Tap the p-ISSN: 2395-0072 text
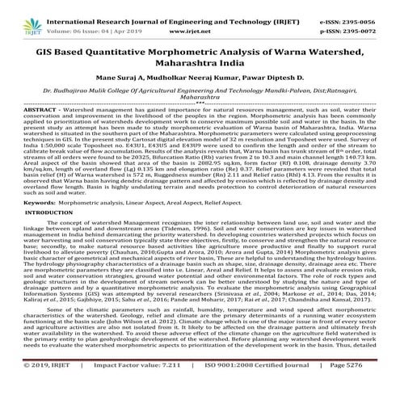tap(357, 24)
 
